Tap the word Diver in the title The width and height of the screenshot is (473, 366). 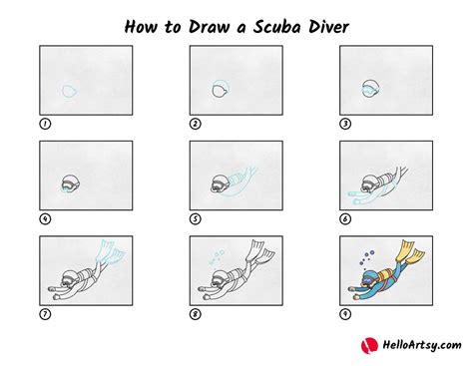click(x=328, y=27)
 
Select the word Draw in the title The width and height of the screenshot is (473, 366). click(x=209, y=27)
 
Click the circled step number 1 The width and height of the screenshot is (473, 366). click(x=45, y=124)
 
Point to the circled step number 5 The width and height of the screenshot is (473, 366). click(x=196, y=219)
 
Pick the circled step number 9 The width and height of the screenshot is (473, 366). click(x=345, y=314)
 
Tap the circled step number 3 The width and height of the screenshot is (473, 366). click(x=345, y=124)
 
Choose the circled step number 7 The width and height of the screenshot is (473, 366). click(x=45, y=314)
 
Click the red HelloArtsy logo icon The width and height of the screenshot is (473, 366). click(x=369, y=345)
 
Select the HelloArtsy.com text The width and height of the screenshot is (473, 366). click(x=422, y=345)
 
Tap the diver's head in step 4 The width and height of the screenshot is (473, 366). click(x=71, y=183)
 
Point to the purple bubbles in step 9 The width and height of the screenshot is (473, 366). click(x=367, y=257)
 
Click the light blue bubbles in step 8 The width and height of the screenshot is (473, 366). click(x=217, y=258)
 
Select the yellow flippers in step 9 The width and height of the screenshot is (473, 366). click(x=410, y=251)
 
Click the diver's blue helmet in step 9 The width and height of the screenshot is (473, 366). click(x=370, y=277)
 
